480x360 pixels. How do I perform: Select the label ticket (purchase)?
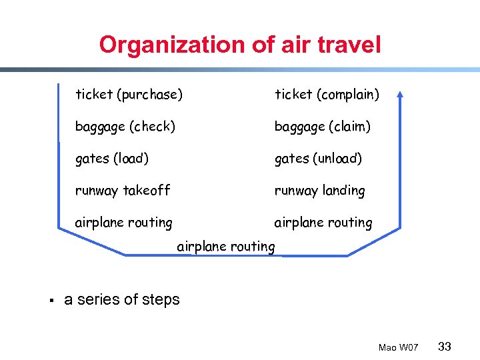(129, 95)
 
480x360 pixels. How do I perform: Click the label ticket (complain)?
(327, 95)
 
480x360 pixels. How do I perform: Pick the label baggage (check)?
(125, 127)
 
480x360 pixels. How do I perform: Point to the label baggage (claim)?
(323, 127)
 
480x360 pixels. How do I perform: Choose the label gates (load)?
(112, 159)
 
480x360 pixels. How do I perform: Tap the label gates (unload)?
(318, 159)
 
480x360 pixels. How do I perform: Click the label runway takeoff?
(123, 191)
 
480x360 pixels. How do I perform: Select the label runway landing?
(320, 191)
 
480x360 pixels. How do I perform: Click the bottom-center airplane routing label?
(225, 247)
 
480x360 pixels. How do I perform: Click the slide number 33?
(445, 346)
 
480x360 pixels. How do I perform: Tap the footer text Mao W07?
(398, 347)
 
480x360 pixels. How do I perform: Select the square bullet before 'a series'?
(51, 299)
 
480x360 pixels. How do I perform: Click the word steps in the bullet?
(161, 300)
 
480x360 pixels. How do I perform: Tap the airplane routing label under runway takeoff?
(123, 223)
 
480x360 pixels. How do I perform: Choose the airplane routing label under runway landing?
(323, 223)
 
